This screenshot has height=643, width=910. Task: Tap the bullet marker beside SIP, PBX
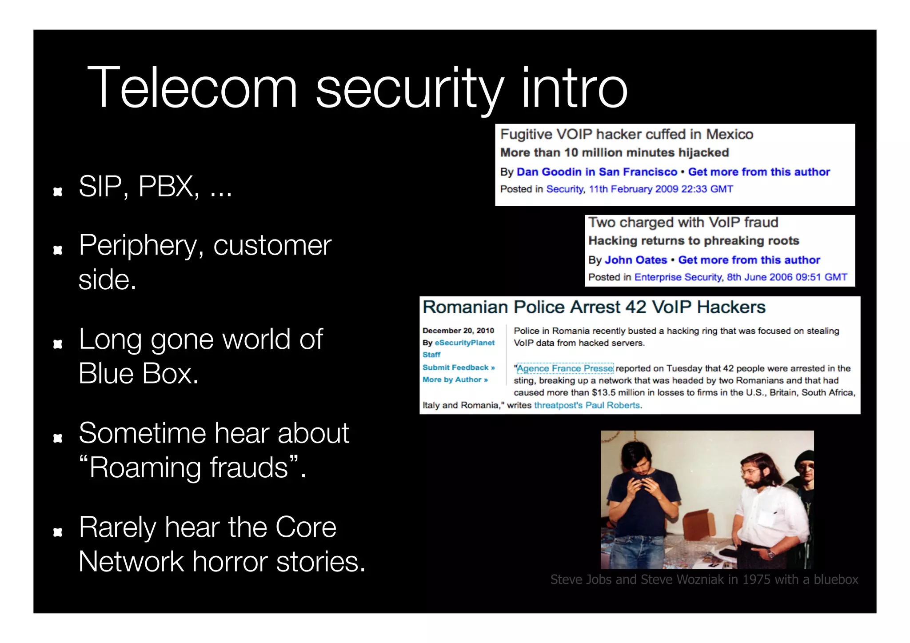coord(58,192)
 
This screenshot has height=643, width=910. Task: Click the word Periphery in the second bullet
coord(138,246)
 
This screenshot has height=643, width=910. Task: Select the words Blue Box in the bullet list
coord(138,374)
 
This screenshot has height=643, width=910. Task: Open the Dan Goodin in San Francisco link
coord(597,172)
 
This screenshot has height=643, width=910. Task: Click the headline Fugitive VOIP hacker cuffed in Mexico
coord(627,134)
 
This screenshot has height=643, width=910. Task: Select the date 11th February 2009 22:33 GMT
coord(661,189)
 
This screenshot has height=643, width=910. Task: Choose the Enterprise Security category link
coord(678,277)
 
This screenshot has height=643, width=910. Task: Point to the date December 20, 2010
coord(458,331)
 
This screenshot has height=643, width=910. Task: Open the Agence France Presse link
coord(565,368)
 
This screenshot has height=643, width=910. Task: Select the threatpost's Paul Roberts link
coord(587,405)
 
